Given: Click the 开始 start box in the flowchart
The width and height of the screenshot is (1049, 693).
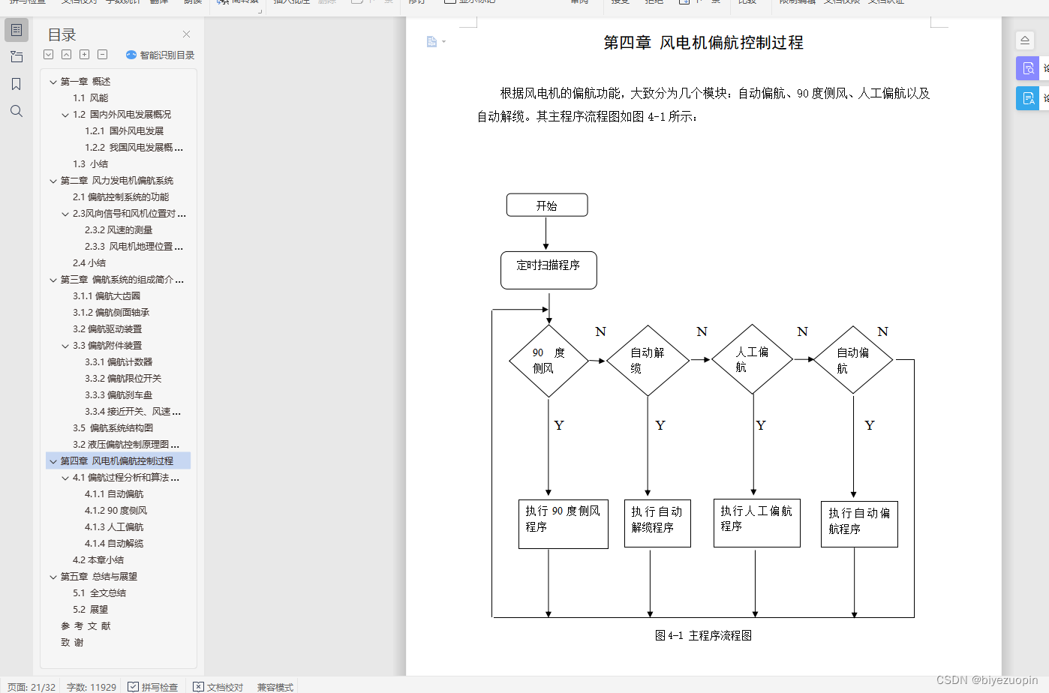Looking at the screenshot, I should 547,205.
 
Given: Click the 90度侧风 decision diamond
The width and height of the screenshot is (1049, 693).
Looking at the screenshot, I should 549,361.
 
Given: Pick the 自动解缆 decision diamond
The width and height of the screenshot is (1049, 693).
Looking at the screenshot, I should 648,361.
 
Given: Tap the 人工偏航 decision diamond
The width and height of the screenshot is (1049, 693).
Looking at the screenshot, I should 753,359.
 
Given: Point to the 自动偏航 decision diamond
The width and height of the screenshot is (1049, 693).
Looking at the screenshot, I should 853,360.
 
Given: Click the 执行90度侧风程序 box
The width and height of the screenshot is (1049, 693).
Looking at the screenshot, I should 563,523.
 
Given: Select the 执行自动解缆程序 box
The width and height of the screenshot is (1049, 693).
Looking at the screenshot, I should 657,523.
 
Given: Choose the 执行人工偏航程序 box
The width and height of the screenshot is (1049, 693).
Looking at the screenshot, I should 756,522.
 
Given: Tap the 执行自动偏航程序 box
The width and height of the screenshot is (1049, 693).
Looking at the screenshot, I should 859,523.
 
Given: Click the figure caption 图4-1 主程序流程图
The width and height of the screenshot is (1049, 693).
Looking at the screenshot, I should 703,635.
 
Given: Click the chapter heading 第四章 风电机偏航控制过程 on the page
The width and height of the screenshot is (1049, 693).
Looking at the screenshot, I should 703,43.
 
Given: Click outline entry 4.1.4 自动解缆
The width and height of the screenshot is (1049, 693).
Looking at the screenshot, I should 114,544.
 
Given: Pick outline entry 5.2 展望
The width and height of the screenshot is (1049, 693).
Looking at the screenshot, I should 91,610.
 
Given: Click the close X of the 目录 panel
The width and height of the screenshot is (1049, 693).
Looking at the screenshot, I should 186,34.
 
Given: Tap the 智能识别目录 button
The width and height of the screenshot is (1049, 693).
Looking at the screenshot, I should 160,55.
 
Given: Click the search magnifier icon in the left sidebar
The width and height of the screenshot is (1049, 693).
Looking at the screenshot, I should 17,111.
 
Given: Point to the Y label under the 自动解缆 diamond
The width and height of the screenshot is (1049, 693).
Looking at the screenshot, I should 660,425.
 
